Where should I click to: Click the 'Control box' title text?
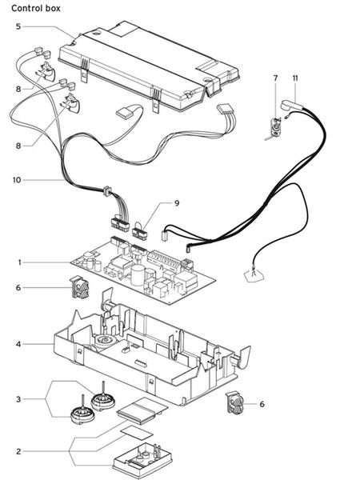pyautogui.click(x=36, y=8)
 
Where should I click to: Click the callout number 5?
pyautogui.click(x=18, y=26)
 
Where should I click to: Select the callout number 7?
pyautogui.click(x=275, y=78)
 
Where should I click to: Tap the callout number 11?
pyautogui.click(x=295, y=78)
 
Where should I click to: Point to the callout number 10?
pyautogui.click(x=17, y=180)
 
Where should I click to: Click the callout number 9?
pyautogui.click(x=177, y=203)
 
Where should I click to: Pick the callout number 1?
pyautogui.click(x=19, y=262)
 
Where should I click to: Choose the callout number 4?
pyautogui.click(x=18, y=344)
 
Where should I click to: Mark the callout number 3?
pyautogui.click(x=18, y=399)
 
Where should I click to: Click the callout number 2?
pyautogui.click(x=18, y=451)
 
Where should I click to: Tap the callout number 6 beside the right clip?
pyautogui.click(x=262, y=404)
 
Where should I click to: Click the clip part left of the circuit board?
pyautogui.click(x=79, y=287)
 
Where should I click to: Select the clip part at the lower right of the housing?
pyautogui.click(x=234, y=402)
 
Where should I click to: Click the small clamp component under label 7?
pyautogui.click(x=276, y=128)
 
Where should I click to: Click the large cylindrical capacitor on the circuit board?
pyautogui.click(x=138, y=275)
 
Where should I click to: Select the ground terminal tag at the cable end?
pyautogui.click(x=254, y=274)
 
